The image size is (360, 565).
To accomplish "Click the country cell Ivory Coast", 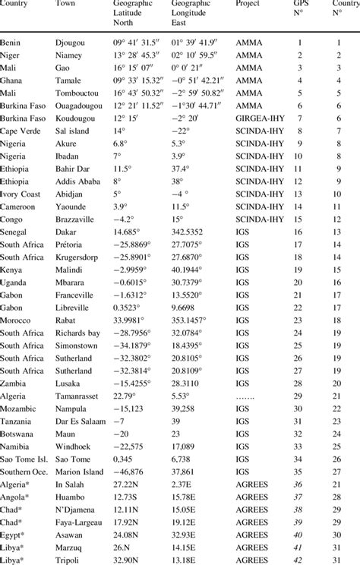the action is [23, 194].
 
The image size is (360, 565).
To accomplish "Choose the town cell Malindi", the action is [72, 270].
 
